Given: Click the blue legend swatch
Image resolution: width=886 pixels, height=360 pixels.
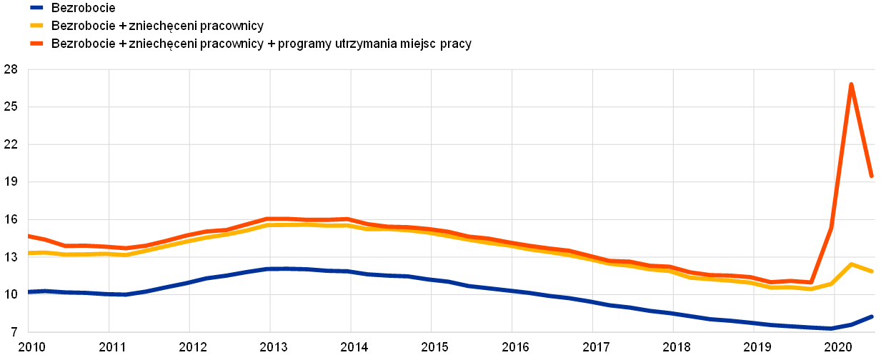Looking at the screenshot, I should point(36,7).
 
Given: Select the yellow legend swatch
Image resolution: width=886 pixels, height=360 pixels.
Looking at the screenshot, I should point(36,25).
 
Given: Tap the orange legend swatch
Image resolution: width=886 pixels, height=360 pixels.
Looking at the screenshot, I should point(36,43).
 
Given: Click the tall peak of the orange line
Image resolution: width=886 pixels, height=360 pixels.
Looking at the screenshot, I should point(851,84).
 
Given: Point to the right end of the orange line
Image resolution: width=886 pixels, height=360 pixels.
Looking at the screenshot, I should point(872,176).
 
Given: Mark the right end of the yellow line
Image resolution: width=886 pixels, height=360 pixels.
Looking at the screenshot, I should point(872,271).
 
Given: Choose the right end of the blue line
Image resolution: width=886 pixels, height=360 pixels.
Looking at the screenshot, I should point(872,316).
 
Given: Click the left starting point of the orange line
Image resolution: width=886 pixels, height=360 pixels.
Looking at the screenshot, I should point(29,236).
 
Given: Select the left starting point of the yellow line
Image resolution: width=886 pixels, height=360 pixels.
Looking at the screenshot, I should point(29,253).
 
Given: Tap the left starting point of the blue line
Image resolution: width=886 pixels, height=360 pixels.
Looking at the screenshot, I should point(29,291).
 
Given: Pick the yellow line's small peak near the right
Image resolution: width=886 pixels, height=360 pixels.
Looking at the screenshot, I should point(851,264).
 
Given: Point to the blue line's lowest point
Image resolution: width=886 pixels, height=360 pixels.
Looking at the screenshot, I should point(830,329).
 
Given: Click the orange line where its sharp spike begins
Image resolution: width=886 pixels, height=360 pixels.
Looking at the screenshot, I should point(810,282).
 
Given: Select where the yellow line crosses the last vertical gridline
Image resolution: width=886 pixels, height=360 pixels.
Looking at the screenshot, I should point(835,281).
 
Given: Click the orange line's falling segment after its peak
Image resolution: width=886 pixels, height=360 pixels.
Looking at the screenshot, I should point(862,130).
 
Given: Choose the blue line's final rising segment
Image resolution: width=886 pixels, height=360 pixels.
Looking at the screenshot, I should point(861,321).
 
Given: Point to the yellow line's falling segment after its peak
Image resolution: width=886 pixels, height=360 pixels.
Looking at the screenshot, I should point(862,268).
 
